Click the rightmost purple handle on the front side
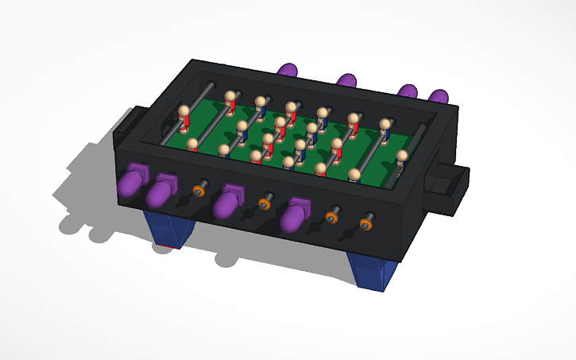click(x=294, y=215)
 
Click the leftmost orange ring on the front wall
click(x=199, y=191)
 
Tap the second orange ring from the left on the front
click(x=265, y=204)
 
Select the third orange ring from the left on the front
click(x=332, y=216)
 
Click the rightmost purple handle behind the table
click(x=438, y=97)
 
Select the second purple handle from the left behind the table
click(x=347, y=80)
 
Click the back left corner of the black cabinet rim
click(x=191, y=62)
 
